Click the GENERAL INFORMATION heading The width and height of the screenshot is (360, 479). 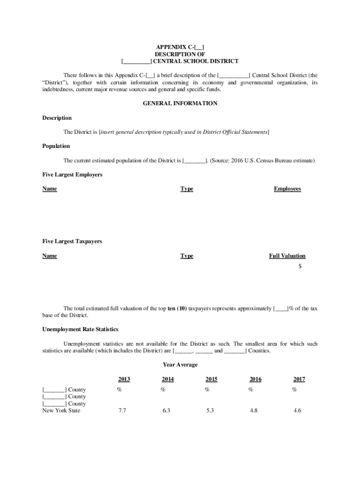(180, 103)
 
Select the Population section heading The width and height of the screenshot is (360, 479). (56, 146)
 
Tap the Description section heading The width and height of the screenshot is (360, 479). (57, 118)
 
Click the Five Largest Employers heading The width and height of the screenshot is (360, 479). (72, 175)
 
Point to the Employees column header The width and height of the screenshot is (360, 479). (288, 189)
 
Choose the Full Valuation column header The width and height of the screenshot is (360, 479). (287, 256)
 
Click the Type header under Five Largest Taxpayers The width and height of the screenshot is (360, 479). (187, 256)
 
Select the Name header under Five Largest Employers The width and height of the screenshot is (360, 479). (50, 189)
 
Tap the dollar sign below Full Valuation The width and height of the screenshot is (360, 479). (300, 266)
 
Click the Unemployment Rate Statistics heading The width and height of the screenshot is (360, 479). (80, 329)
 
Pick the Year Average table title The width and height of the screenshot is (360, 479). (180, 365)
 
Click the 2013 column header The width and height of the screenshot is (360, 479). (124, 379)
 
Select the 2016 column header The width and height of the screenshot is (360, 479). (255, 379)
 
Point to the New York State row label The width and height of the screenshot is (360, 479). (61, 411)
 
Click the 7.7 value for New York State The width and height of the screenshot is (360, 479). (122, 411)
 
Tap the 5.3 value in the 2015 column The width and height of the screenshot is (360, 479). (210, 411)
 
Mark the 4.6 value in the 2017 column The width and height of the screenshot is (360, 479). (297, 411)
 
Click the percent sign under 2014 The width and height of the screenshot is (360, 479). (163, 389)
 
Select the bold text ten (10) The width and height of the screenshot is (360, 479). (177, 309)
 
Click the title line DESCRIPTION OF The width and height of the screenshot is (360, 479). (180, 54)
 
